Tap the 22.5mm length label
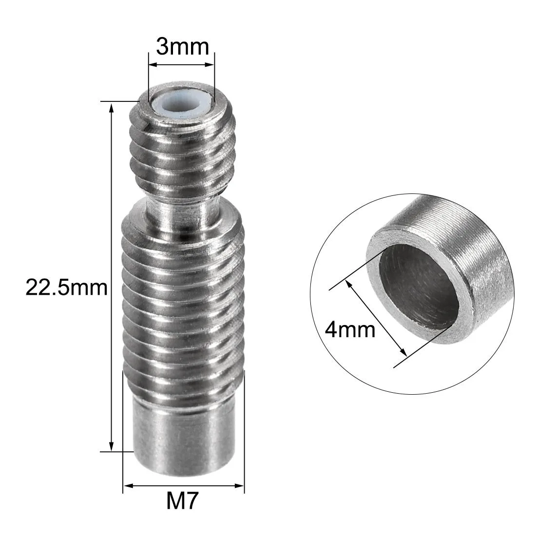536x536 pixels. tap(67, 287)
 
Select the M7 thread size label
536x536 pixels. tap(182, 501)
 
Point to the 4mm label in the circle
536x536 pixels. tap(350, 330)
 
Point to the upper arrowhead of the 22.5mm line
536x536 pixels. tap(111, 108)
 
